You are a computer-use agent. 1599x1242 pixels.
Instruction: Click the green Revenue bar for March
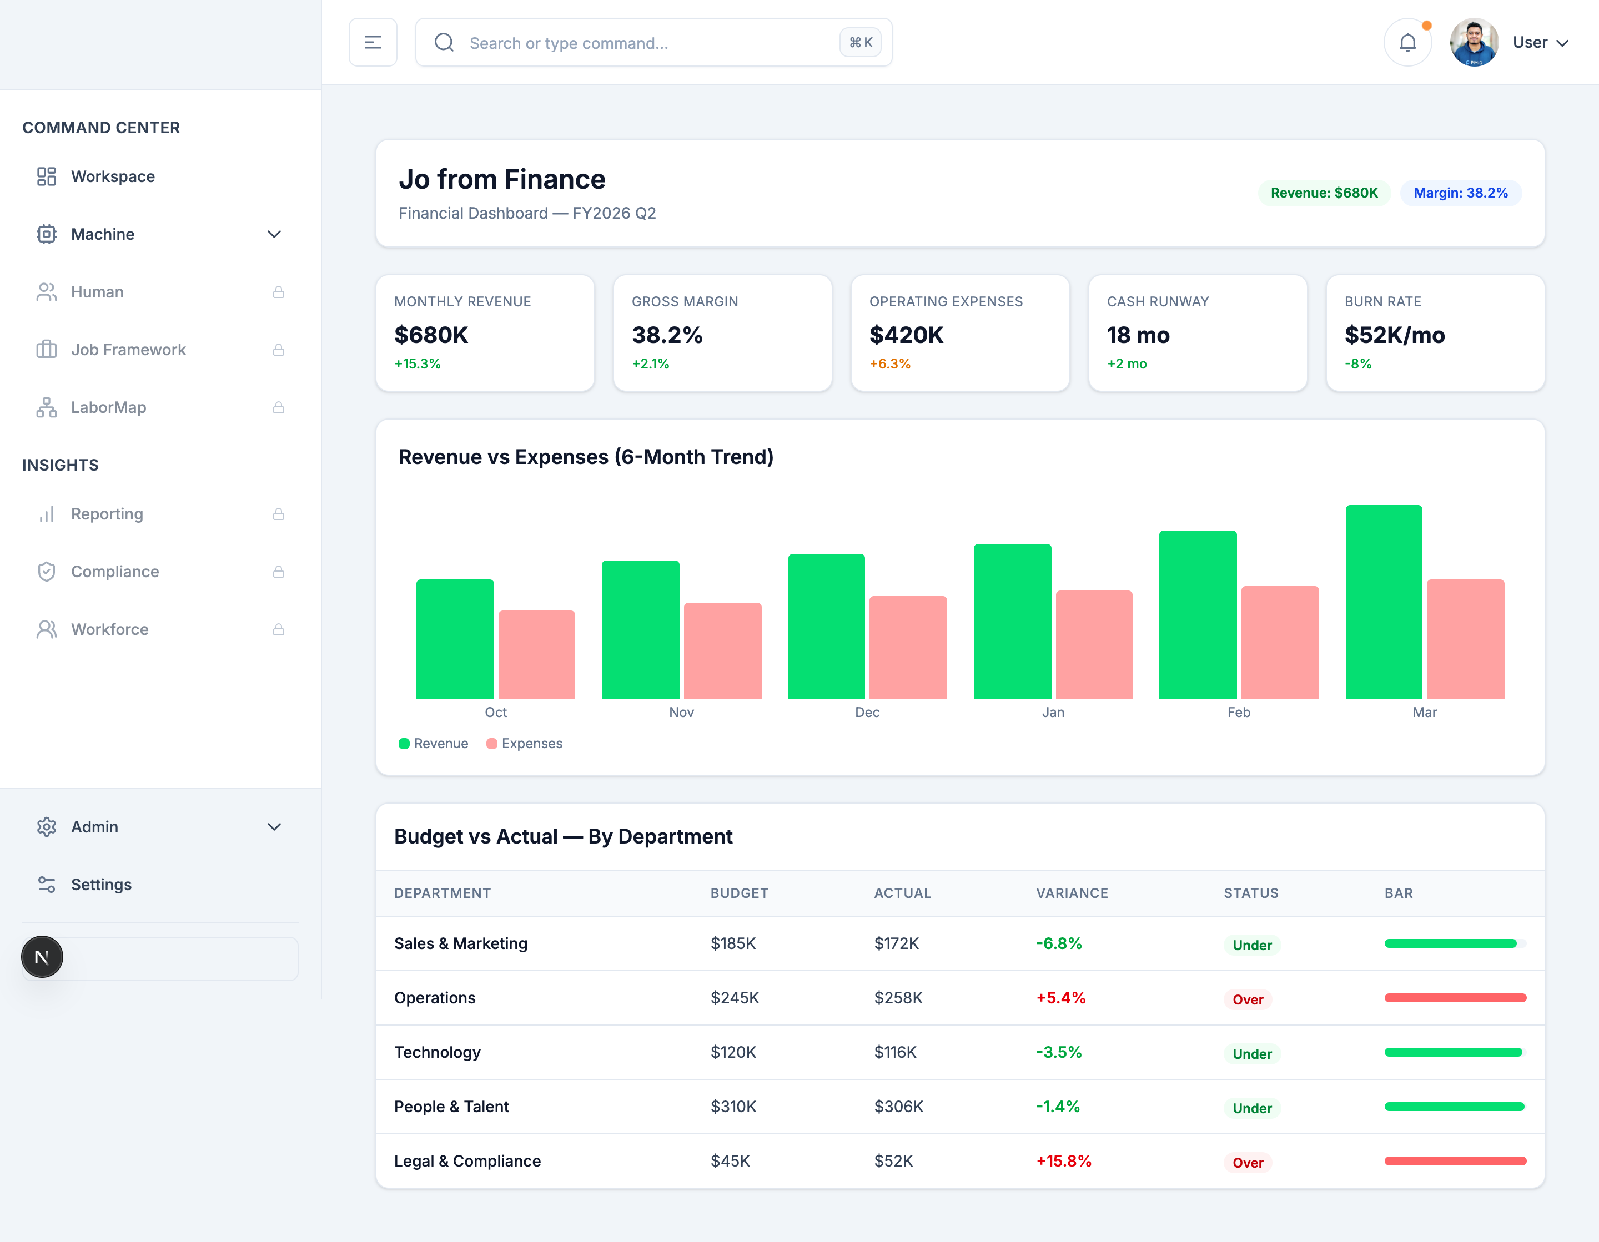click(x=1383, y=602)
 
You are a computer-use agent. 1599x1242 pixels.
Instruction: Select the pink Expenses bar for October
click(x=537, y=654)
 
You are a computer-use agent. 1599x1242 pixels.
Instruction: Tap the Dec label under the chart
click(x=867, y=712)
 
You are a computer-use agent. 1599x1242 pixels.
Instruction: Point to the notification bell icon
click(x=1407, y=42)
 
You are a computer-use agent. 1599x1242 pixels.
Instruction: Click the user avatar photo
click(x=1474, y=42)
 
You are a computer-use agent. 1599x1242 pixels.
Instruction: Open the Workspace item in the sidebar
click(x=113, y=176)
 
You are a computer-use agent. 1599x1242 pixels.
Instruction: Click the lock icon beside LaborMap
click(x=278, y=408)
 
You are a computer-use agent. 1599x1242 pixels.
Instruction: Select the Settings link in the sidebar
click(x=101, y=884)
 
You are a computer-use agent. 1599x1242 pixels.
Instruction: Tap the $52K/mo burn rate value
click(x=1394, y=335)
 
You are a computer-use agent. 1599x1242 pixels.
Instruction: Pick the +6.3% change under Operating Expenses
click(x=889, y=363)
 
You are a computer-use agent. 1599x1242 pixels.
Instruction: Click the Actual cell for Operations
click(x=898, y=998)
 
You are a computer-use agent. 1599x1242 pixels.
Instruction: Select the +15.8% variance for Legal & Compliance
click(x=1063, y=1161)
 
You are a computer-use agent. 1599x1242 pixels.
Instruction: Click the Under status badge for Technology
click(x=1251, y=1054)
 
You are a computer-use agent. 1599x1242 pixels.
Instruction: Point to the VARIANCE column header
click(x=1071, y=893)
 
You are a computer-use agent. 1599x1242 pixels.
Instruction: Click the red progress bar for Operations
click(x=1455, y=998)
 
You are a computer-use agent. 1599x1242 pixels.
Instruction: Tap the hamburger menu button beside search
click(x=373, y=42)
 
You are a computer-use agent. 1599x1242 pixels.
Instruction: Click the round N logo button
click(x=42, y=957)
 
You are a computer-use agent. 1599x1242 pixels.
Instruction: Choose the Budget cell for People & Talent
click(x=733, y=1107)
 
